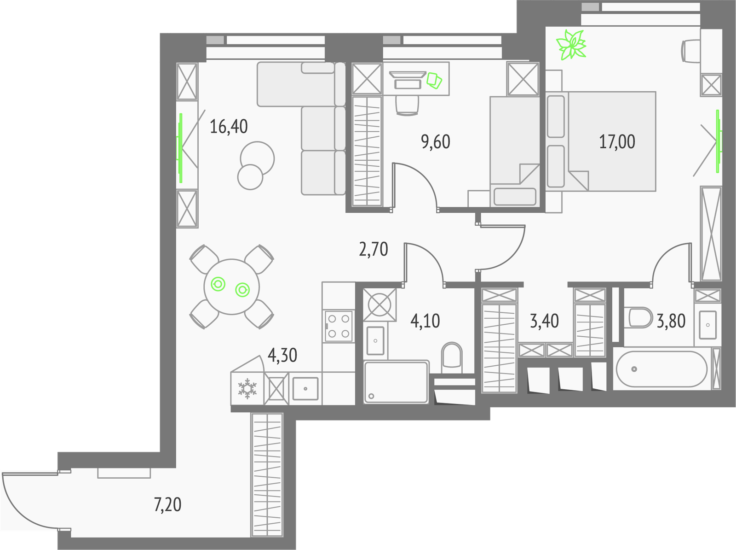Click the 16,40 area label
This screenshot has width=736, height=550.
click(229, 127)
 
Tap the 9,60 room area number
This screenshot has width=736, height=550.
click(436, 142)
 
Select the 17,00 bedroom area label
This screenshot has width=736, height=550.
click(617, 142)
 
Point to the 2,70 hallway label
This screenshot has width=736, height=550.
click(373, 249)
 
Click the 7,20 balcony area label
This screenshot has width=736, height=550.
click(167, 505)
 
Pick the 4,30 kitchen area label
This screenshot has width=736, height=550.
click(282, 355)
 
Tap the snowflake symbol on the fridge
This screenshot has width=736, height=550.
click(247, 388)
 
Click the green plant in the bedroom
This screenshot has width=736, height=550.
click(571, 45)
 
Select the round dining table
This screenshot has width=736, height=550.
click(232, 287)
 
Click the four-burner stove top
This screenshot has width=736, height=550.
click(339, 326)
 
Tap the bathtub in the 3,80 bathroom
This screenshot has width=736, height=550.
click(661, 369)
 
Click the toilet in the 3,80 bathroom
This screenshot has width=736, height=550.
click(640, 317)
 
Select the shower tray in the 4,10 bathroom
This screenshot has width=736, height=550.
click(396, 382)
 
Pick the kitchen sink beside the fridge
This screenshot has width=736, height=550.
click(305, 388)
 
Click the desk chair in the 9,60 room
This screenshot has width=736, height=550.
click(407, 105)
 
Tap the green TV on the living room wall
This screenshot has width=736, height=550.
click(180, 148)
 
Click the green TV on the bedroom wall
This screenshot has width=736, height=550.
click(718, 141)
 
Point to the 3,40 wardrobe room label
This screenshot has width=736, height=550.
click(544, 321)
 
